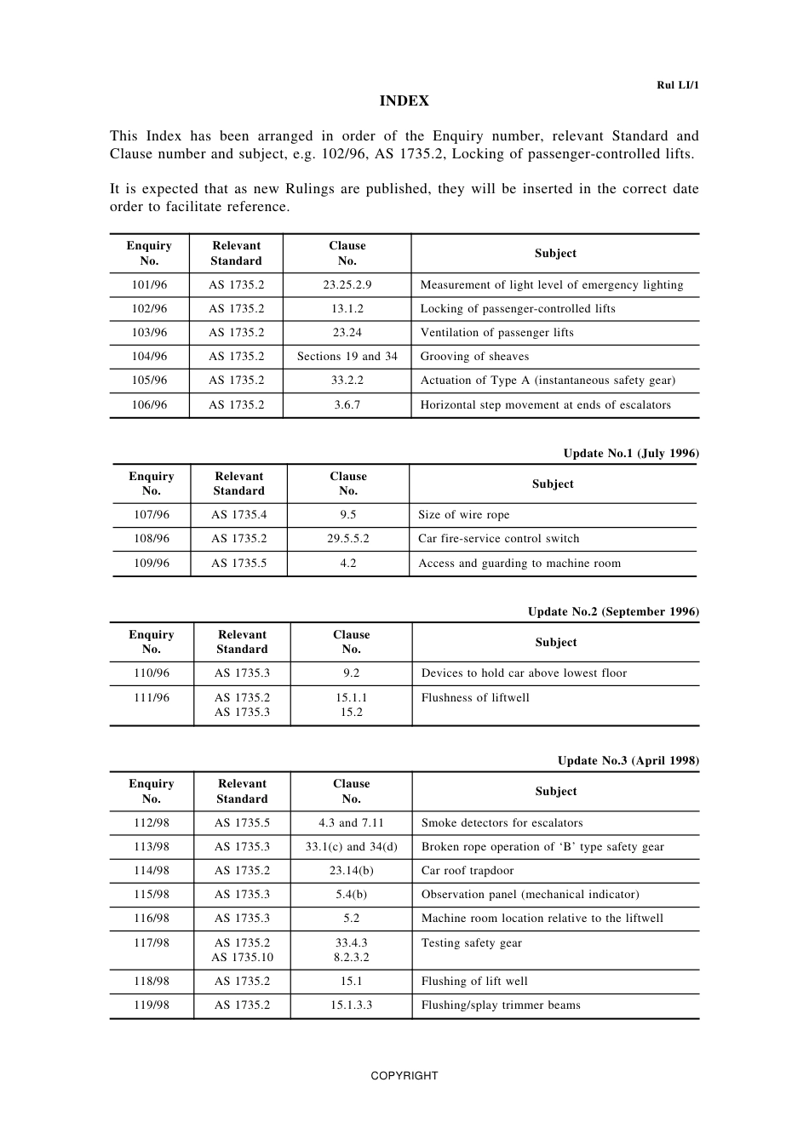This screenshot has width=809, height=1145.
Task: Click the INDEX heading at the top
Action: [404, 100]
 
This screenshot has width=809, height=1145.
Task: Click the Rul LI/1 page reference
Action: [677, 85]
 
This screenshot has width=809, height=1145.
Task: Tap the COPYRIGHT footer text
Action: [404, 1075]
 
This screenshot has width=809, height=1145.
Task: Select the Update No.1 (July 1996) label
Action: [630, 453]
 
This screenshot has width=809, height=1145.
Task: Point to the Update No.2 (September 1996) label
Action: [612, 611]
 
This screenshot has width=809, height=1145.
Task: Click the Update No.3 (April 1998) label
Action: [628, 760]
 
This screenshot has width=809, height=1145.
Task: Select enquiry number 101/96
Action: [149, 285]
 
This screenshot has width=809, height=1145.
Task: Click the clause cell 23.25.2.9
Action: [347, 285]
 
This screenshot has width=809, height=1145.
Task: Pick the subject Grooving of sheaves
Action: [474, 357]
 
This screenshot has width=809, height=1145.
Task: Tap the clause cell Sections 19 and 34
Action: [347, 357]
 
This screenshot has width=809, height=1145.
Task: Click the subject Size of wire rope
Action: [463, 515]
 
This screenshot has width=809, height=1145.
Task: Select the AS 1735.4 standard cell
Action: [238, 515]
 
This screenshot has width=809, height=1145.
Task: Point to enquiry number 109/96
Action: [151, 564]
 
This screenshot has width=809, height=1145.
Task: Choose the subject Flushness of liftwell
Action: [475, 698]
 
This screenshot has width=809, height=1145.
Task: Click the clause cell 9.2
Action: [351, 673]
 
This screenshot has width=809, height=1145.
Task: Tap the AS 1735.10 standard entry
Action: [242, 958]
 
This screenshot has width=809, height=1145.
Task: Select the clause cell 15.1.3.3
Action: [351, 1005]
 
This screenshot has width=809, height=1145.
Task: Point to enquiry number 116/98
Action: [151, 919]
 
